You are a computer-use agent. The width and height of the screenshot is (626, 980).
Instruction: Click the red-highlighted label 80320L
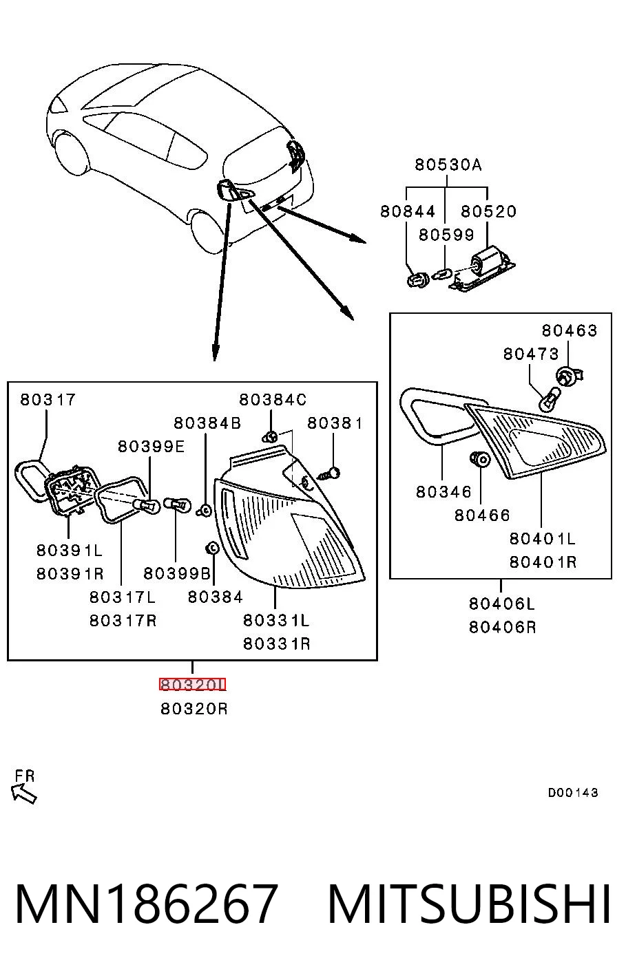point(193,685)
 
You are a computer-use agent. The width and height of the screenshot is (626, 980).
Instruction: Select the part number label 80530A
point(448,165)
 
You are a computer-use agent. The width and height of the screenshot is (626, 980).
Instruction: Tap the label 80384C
point(273,399)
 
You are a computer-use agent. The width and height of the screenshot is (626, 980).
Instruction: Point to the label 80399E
point(152,447)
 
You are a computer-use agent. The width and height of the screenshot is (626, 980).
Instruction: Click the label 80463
point(569,330)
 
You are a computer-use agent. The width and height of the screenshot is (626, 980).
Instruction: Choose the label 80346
point(444,492)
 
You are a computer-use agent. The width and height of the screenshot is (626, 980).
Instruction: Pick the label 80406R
point(502,628)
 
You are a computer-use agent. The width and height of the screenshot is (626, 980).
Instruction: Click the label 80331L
point(276,620)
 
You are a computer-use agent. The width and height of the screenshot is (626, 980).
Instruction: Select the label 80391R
point(70,573)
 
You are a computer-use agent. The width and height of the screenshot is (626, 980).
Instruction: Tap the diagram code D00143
point(573,792)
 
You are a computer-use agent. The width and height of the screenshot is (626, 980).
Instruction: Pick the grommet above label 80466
point(480,459)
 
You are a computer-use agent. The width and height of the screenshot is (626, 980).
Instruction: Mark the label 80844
point(408,212)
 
